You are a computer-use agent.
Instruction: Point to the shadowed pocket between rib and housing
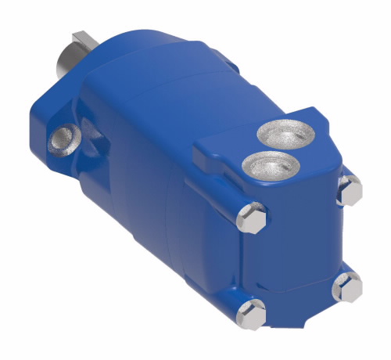point(98,157)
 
